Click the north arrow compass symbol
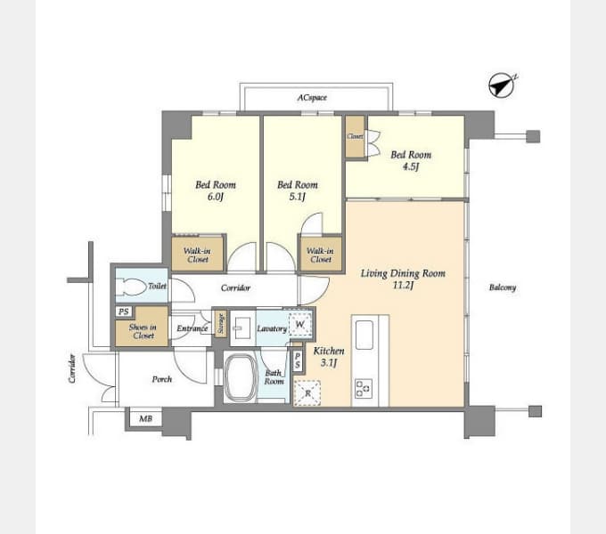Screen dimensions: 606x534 click(x=502, y=85)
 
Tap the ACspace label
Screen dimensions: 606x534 click(x=312, y=98)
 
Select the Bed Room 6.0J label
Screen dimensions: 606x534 click(x=216, y=190)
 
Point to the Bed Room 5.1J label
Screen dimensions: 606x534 click(x=297, y=190)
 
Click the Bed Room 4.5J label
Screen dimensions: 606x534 click(x=411, y=160)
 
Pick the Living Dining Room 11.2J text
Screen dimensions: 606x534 click(x=403, y=279)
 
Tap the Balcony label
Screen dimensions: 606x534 click(x=503, y=287)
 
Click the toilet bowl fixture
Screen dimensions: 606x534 click(x=136, y=287)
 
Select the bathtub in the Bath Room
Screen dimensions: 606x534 click(x=241, y=378)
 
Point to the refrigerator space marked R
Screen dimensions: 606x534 click(x=307, y=393)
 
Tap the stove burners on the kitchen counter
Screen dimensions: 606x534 click(x=364, y=389)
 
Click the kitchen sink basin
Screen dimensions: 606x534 click(x=364, y=335)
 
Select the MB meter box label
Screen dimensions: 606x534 click(x=145, y=418)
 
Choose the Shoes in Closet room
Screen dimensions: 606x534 click(x=143, y=327)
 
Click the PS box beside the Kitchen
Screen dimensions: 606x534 click(x=298, y=361)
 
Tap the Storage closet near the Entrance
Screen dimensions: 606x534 click(x=221, y=323)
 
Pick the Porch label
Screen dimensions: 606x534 click(x=162, y=379)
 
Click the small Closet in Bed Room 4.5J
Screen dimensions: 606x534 click(x=355, y=136)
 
